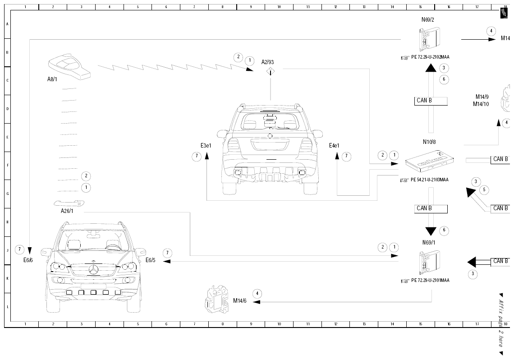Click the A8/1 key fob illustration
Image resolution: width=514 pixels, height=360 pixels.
pyautogui.click(x=69, y=67)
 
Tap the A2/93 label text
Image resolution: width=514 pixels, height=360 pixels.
pyautogui.click(x=267, y=62)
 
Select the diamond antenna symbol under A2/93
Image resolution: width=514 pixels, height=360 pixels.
pyautogui.click(x=270, y=71)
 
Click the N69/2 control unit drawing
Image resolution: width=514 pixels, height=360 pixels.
pyautogui.click(x=429, y=39)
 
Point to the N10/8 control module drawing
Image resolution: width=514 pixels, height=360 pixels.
pyautogui.click(x=429, y=161)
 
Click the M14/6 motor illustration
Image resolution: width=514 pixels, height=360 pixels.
pyautogui.click(x=217, y=298)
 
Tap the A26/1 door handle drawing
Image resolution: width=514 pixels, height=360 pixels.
pyautogui.click(x=69, y=203)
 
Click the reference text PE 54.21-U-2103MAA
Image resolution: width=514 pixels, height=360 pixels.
pyautogui.click(x=429, y=180)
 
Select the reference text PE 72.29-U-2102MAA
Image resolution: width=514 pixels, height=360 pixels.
pyautogui.click(x=430, y=57)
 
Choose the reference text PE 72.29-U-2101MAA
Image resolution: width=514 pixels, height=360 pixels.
pyautogui.click(x=430, y=280)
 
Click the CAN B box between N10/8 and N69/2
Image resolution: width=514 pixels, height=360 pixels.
pyautogui.click(x=431, y=101)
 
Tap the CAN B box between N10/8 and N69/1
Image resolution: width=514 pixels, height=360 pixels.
pyautogui.click(x=431, y=209)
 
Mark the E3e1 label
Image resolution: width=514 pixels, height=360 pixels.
pyautogui.click(x=206, y=146)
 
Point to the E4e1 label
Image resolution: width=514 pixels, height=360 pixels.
pyautogui.click(x=334, y=146)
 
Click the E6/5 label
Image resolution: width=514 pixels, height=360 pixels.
pyautogui.click(x=151, y=260)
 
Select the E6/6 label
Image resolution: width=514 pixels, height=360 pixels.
pyautogui.click(x=28, y=260)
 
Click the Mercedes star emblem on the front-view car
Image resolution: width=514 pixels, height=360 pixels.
pyautogui.click(x=94, y=270)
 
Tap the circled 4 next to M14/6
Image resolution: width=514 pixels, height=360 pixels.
pyautogui.click(x=257, y=293)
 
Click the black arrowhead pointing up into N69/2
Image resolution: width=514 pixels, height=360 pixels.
pyautogui.click(x=431, y=68)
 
